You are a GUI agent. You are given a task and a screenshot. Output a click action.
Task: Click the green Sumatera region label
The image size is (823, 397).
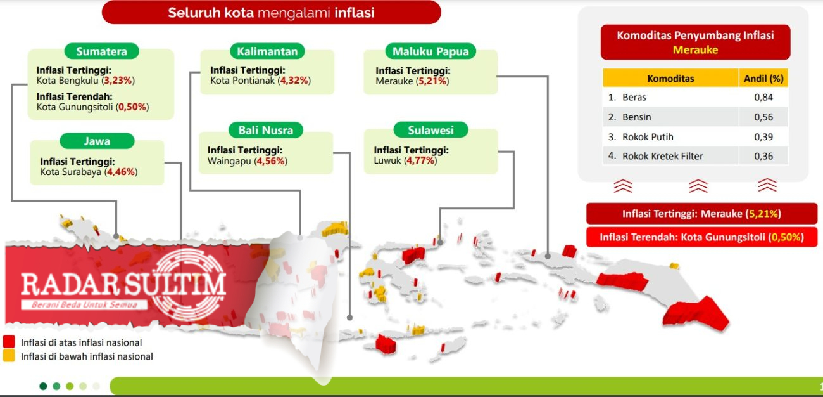[101, 51]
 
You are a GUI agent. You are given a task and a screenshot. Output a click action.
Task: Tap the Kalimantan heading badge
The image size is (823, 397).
[267, 51]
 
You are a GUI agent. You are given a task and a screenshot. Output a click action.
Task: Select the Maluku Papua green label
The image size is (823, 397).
[430, 51]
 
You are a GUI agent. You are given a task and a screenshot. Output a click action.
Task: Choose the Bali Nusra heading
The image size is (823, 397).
[266, 130]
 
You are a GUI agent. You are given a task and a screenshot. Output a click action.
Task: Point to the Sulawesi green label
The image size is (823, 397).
[430, 130]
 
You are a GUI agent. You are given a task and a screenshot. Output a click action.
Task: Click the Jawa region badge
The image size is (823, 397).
[97, 141]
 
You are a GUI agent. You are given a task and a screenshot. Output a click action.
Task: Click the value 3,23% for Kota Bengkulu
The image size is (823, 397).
[118, 80]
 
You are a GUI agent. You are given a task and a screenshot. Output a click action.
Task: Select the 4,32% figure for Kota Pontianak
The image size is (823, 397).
[294, 80]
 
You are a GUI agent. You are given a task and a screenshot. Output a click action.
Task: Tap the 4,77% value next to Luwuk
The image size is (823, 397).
[421, 160]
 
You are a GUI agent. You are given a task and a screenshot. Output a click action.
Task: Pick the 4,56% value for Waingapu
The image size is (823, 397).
[271, 161]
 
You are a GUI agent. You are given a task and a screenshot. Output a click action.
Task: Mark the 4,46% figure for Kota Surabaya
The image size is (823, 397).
[121, 172]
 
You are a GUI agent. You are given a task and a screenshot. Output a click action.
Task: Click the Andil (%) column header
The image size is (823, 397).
[763, 79]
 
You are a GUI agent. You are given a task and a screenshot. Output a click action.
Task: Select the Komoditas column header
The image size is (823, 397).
[670, 79]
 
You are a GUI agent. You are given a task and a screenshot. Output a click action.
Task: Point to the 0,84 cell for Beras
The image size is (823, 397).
[763, 97]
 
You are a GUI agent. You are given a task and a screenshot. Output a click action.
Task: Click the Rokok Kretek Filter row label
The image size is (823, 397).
[662, 156]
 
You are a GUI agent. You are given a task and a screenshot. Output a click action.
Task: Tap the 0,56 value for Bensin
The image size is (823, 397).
[763, 117]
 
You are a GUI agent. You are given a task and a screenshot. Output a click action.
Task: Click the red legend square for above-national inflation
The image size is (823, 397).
[9, 341]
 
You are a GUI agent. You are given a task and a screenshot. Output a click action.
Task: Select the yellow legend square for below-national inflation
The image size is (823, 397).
[9, 355]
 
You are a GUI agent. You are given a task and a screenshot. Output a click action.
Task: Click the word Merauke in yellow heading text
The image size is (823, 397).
[695, 49]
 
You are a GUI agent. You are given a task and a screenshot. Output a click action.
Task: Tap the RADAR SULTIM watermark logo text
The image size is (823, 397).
[123, 284]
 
